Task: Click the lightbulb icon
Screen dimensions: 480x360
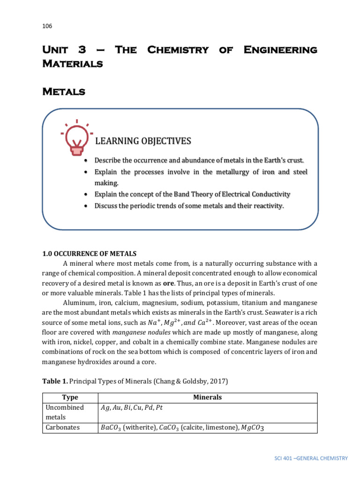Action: (76, 138)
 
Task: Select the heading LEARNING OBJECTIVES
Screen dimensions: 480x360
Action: (143, 141)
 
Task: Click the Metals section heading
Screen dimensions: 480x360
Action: (64, 92)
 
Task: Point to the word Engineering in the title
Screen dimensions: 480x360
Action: (280, 50)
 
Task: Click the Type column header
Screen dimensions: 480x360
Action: (70, 397)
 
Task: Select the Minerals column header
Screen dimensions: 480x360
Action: (207, 397)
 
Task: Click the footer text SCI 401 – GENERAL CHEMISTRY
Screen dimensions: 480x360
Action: (311, 458)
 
